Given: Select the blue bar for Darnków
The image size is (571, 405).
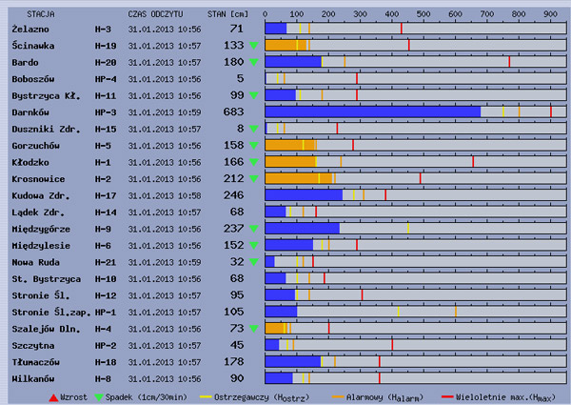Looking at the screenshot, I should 372,111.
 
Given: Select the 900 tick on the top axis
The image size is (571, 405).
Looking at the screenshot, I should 550,14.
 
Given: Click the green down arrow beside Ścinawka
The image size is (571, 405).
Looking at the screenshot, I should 253,46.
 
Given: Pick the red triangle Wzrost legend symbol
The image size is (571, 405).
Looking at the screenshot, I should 53,395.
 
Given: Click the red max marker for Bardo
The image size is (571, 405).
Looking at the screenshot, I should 509,62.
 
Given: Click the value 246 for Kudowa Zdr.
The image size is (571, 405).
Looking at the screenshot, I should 233,194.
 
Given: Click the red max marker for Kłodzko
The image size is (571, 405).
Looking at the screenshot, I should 473,161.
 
